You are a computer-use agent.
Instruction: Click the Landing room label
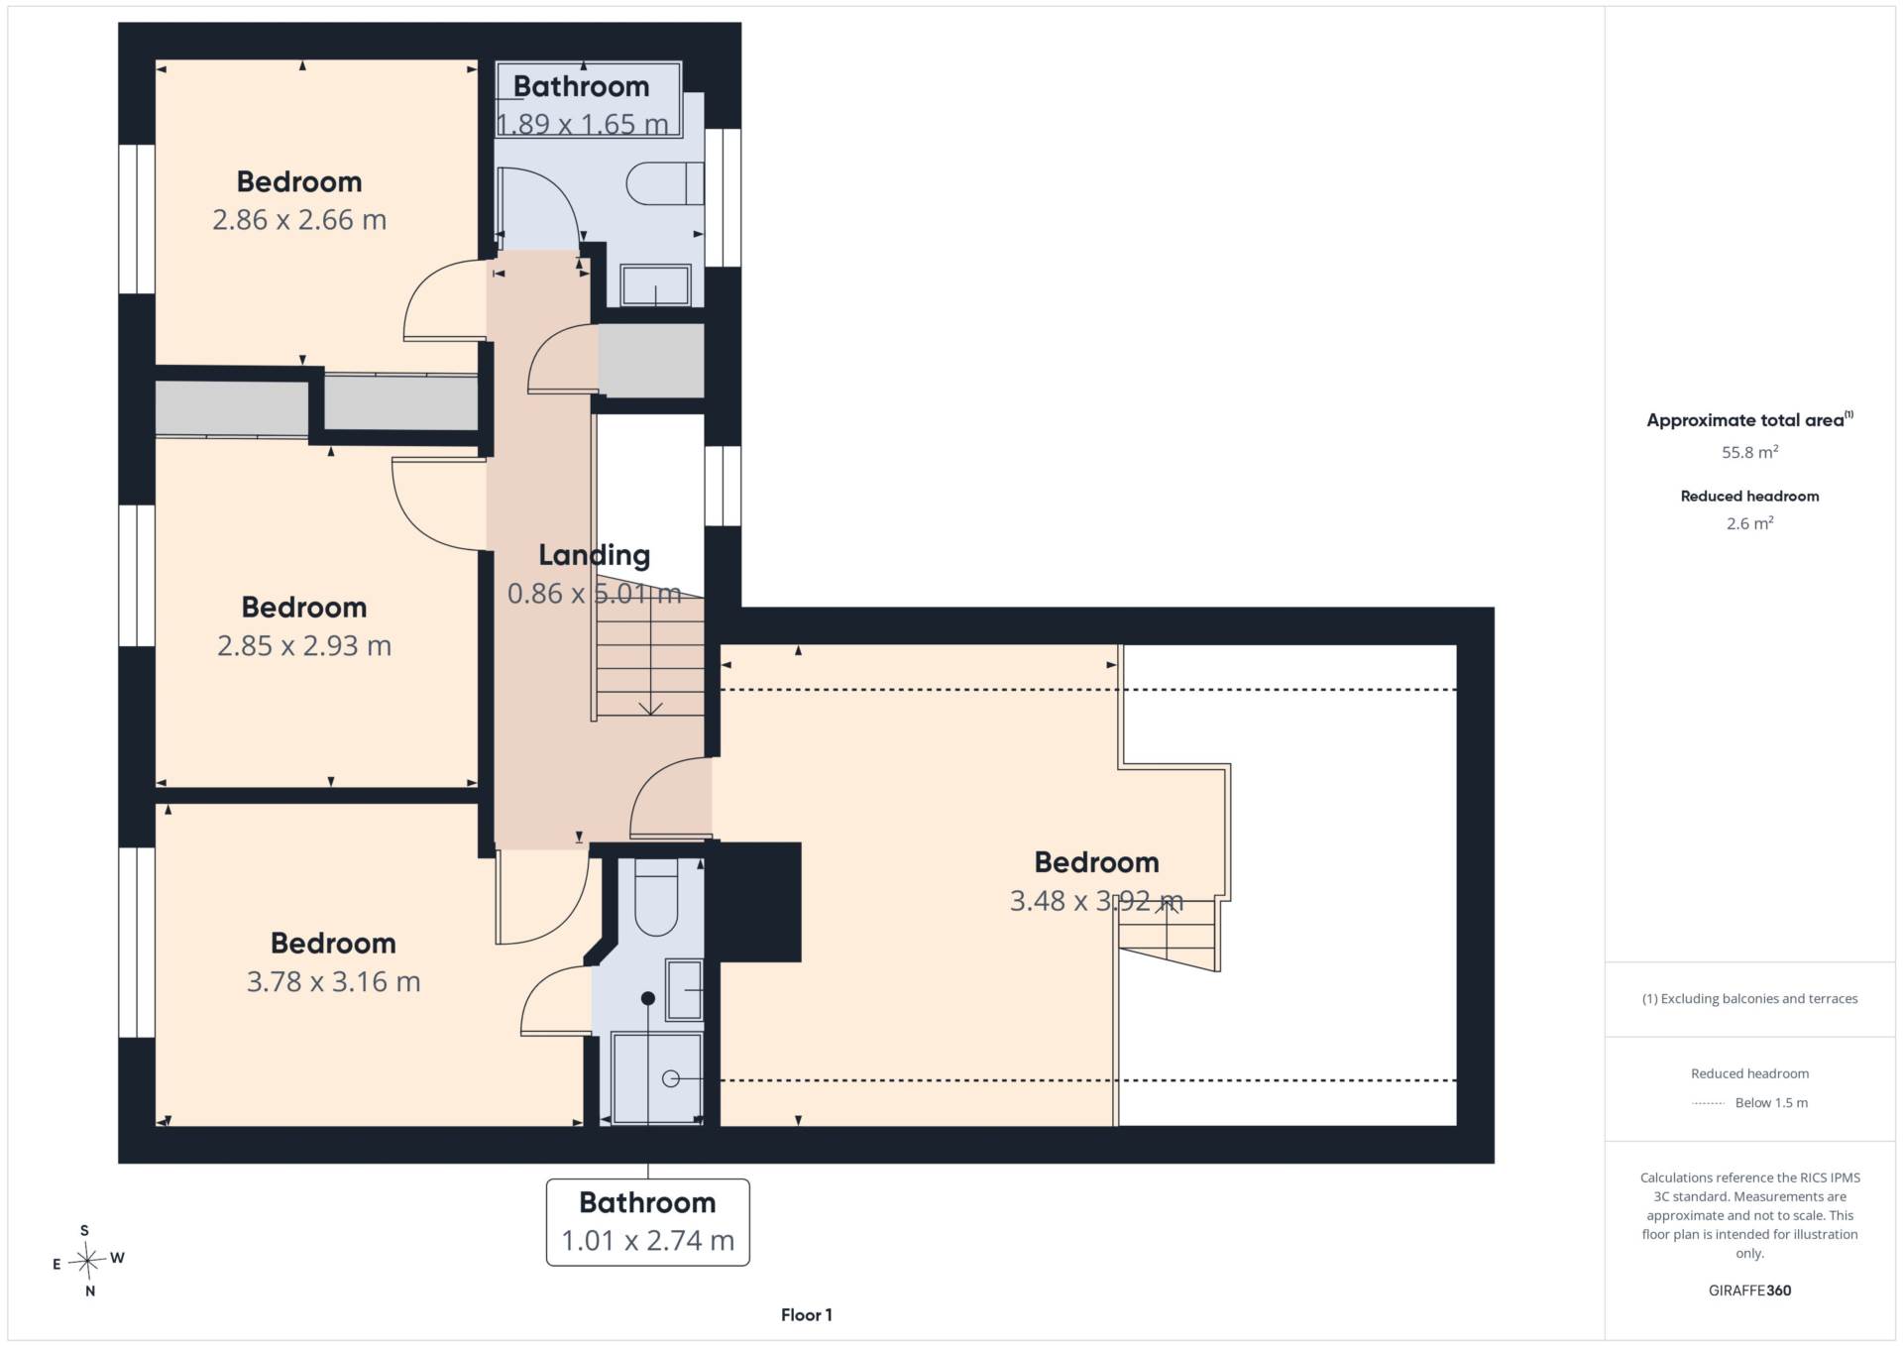click(x=594, y=556)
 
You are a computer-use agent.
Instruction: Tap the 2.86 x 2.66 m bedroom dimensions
click(x=299, y=220)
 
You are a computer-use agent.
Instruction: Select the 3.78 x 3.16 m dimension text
click(x=333, y=982)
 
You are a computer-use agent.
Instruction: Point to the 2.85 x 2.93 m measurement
click(x=304, y=646)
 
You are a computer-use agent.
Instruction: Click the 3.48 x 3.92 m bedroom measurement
click(x=1096, y=901)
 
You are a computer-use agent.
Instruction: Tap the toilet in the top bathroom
click(x=665, y=183)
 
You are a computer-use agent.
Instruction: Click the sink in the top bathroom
click(x=655, y=284)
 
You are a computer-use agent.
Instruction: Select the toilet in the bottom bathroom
click(x=655, y=898)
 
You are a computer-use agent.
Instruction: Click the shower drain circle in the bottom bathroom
click(x=671, y=1078)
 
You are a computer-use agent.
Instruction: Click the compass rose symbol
click(x=88, y=1261)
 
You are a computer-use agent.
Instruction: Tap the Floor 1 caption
click(x=806, y=1315)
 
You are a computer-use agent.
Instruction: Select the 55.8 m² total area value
click(x=1749, y=452)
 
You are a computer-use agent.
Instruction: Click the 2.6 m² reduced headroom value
click(x=1749, y=523)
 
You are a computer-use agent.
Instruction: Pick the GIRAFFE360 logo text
click(x=1749, y=1290)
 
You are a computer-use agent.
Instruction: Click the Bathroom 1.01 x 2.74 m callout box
click(x=648, y=1222)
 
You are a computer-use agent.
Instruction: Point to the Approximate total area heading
click(x=1749, y=420)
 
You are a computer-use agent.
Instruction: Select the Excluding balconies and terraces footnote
click(x=1749, y=999)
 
